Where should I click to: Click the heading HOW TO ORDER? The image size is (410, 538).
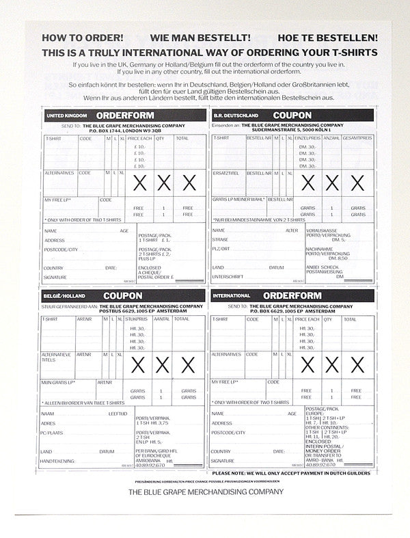(x=83, y=39)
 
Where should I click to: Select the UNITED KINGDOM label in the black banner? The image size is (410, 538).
(x=64, y=116)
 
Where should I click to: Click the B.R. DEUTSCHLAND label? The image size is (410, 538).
(x=232, y=116)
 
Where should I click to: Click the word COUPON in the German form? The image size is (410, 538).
(x=292, y=116)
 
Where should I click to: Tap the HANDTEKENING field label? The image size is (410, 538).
(x=57, y=461)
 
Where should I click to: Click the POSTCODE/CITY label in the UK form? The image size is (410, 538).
(x=61, y=250)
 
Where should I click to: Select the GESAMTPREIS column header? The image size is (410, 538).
(x=357, y=138)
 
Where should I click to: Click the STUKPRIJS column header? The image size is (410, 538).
(x=137, y=319)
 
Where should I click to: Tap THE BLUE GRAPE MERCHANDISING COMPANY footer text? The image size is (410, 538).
(x=205, y=492)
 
